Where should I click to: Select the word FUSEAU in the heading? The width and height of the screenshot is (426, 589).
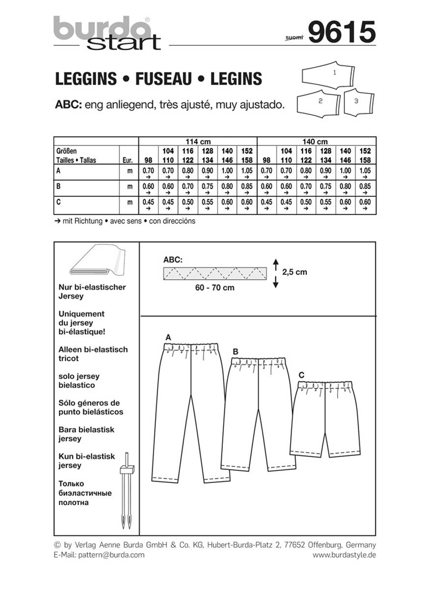[163, 79]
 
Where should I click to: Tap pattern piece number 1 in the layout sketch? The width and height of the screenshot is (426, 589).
[334, 74]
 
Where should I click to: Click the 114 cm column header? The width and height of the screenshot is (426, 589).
[198, 141]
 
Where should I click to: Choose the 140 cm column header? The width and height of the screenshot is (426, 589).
[316, 141]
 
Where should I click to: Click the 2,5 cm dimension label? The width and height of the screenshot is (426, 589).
[294, 272]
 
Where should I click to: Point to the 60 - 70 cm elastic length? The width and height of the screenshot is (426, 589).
[215, 288]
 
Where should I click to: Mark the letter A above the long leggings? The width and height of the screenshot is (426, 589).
[168, 337]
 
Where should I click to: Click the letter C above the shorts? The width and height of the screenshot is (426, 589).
[301, 375]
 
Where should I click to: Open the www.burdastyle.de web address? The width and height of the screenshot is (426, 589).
[344, 555]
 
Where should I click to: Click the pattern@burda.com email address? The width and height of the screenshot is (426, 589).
[99, 555]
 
